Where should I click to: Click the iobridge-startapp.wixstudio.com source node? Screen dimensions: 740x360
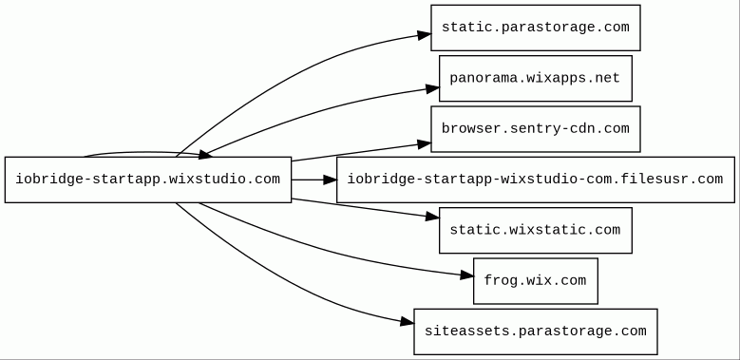tap(148, 180)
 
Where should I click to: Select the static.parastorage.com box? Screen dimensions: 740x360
tap(535, 28)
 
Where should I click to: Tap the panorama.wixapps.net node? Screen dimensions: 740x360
tap(535, 78)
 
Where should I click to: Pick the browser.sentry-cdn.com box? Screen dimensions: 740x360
tap(535, 129)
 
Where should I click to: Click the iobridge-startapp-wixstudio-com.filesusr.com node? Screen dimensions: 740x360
tap(535, 180)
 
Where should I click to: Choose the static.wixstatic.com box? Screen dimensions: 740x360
tap(535, 230)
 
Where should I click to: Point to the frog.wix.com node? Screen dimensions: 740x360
tap(535, 281)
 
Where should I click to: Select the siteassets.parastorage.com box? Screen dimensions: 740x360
tap(535, 332)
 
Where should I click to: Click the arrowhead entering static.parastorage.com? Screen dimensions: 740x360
tap(424, 34)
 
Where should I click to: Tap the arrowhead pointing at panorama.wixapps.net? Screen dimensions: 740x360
tap(432, 88)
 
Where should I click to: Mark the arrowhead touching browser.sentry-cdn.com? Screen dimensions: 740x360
tap(424, 144)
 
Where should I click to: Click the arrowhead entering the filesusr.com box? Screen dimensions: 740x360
tap(330, 180)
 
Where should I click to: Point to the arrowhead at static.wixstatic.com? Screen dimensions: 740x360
tap(432, 217)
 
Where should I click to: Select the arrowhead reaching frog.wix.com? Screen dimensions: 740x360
tap(466, 275)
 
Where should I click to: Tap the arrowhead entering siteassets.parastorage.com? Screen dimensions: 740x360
tap(407, 322)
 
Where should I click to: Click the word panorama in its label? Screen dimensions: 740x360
tap(484, 78)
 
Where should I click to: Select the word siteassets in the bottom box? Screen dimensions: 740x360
tap(466, 332)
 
